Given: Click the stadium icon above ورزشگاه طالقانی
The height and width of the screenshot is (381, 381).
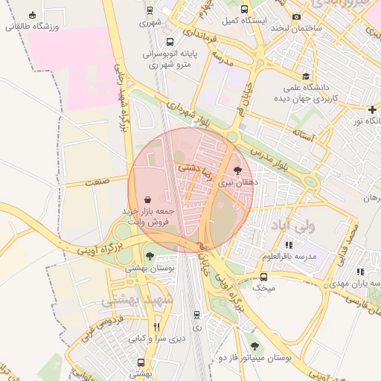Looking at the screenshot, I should pyautogui.click(x=32, y=15).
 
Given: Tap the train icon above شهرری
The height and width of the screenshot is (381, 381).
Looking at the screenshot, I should pyautogui.click(x=151, y=11).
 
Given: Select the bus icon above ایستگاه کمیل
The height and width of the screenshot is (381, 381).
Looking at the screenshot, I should pyautogui.click(x=245, y=10).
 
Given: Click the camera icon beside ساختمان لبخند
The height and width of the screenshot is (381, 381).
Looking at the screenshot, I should pyautogui.click(x=297, y=16).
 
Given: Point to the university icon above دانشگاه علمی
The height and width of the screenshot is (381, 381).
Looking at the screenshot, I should pyautogui.click(x=305, y=77).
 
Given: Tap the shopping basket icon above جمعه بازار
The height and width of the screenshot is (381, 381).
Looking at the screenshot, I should pyautogui.click(x=147, y=200).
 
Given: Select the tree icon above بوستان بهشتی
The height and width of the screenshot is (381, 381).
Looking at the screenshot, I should pyautogui.click(x=150, y=256).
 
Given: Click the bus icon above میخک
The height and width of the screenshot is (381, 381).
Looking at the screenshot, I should pyautogui.click(x=264, y=276).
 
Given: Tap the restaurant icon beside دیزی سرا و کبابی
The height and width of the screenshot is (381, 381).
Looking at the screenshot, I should pyautogui.click(x=156, y=327).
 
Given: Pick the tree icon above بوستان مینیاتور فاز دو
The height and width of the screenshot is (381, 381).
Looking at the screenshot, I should pyautogui.click(x=255, y=346).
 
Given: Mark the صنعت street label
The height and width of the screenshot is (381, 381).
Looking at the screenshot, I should pyautogui.click(x=97, y=181).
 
